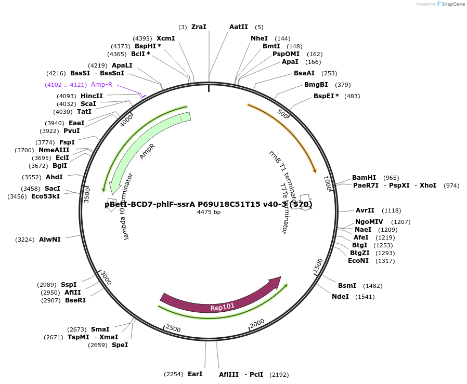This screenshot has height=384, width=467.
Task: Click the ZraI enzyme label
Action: click(x=199, y=27)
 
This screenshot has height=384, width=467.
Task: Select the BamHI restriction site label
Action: click(x=364, y=178)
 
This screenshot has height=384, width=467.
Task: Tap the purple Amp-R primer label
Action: click(x=101, y=85)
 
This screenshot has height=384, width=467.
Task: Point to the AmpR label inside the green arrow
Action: click(x=147, y=151)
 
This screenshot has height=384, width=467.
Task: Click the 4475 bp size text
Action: click(x=209, y=212)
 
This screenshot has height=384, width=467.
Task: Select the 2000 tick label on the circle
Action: click(x=257, y=324)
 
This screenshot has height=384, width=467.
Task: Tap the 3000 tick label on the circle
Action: click(x=106, y=277)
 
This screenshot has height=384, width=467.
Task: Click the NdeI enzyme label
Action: click(x=340, y=297)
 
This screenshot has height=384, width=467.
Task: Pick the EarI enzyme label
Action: click(x=195, y=374)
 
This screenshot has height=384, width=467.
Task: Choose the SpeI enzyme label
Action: click(x=120, y=345)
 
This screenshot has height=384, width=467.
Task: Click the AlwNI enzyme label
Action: click(x=49, y=240)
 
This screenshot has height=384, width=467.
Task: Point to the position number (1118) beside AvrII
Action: click(x=392, y=210)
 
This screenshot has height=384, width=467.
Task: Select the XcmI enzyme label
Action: click(x=165, y=38)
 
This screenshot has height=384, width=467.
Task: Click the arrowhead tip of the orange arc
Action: click(x=315, y=172)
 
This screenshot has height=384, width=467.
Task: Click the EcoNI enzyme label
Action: click(x=358, y=261)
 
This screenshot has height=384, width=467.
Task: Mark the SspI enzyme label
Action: click(x=69, y=285)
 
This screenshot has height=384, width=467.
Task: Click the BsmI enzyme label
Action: click(x=347, y=286)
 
